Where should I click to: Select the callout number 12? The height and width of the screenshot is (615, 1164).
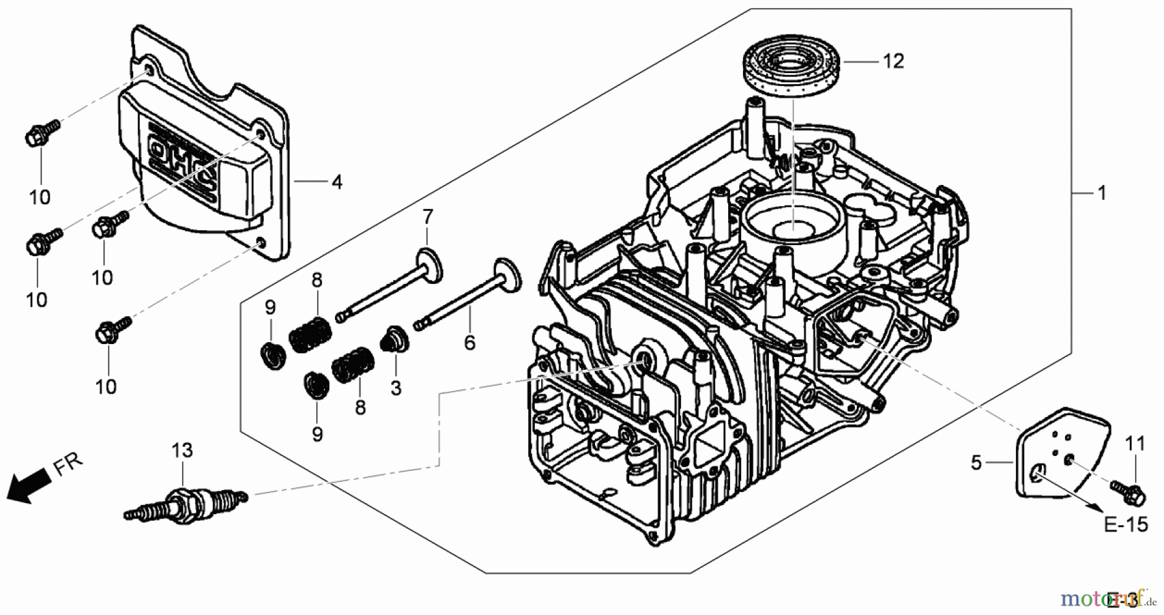[893, 61]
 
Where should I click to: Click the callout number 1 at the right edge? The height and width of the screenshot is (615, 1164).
[1102, 193]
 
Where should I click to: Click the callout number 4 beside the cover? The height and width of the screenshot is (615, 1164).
[336, 182]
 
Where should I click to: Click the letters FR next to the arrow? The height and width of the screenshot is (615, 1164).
[68, 464]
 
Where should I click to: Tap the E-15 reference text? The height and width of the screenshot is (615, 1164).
[1126, 524]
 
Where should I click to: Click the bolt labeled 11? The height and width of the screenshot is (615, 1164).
[1128, 494]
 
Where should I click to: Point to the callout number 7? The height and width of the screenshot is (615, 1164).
[427, 217]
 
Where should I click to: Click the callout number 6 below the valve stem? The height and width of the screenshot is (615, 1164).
[469, 343]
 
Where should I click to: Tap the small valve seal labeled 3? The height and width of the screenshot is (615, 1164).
[394, 339]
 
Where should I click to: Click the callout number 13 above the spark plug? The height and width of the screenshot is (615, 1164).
[182, 451]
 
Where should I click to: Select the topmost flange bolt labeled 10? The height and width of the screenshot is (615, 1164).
[40, 133]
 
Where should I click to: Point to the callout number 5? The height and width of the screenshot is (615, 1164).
[976, 463]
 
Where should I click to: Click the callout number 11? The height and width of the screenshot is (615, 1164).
[1135, 444]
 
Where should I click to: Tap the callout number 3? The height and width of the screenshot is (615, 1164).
[396, 388]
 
